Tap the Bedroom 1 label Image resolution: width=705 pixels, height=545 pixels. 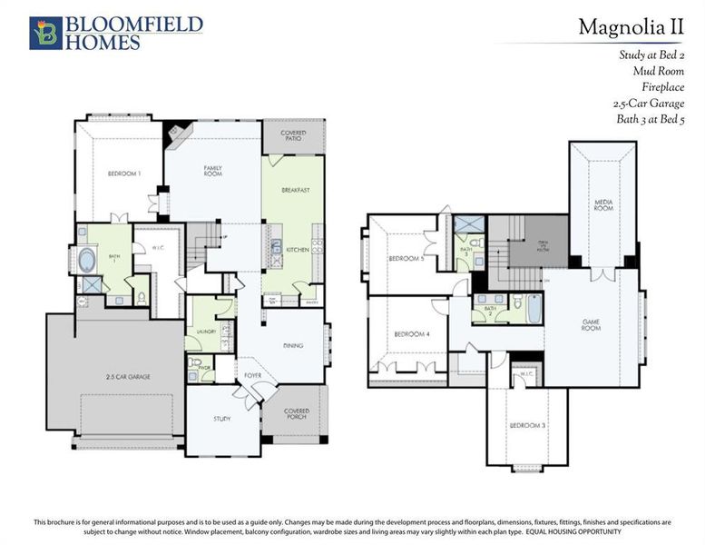[x=124, y=173]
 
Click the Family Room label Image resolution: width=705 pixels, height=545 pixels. [x=213, y=170]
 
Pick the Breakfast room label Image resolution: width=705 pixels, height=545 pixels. [x=296, y=190]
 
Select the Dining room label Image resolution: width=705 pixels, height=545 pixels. [x=292, y=346]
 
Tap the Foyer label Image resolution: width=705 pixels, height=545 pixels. [x=251, y=374]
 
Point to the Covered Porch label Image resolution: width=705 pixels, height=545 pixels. [x=296, y=414]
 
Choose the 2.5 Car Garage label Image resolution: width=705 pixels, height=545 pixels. [x=126, y=376]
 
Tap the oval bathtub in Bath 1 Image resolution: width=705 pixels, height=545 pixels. [x=88, y=259]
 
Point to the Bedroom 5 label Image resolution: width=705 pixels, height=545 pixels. [x=406, y=259]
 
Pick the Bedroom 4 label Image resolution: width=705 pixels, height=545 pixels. [x=411, y=334]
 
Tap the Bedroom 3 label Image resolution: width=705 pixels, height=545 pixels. [x=525, y=426]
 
